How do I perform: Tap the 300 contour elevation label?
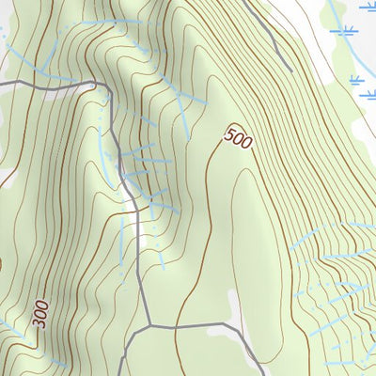tap(39, 313)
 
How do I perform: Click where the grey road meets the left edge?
tap(2, 86)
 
